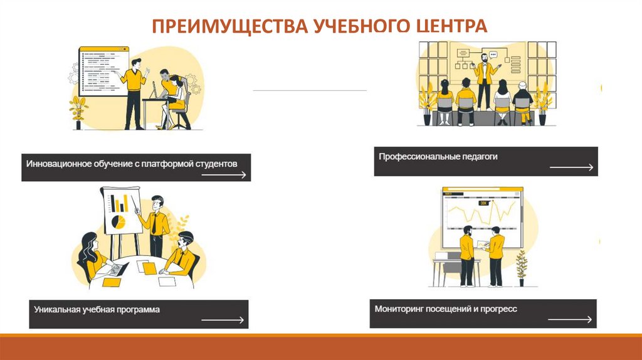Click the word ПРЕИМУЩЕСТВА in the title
229,26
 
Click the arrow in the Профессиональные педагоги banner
571,167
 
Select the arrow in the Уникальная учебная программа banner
223,320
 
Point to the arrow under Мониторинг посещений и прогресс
569,319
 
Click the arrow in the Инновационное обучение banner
224,175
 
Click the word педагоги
480,157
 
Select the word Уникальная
57,309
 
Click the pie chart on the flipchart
118,221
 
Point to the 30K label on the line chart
483,203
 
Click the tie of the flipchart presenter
154,224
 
